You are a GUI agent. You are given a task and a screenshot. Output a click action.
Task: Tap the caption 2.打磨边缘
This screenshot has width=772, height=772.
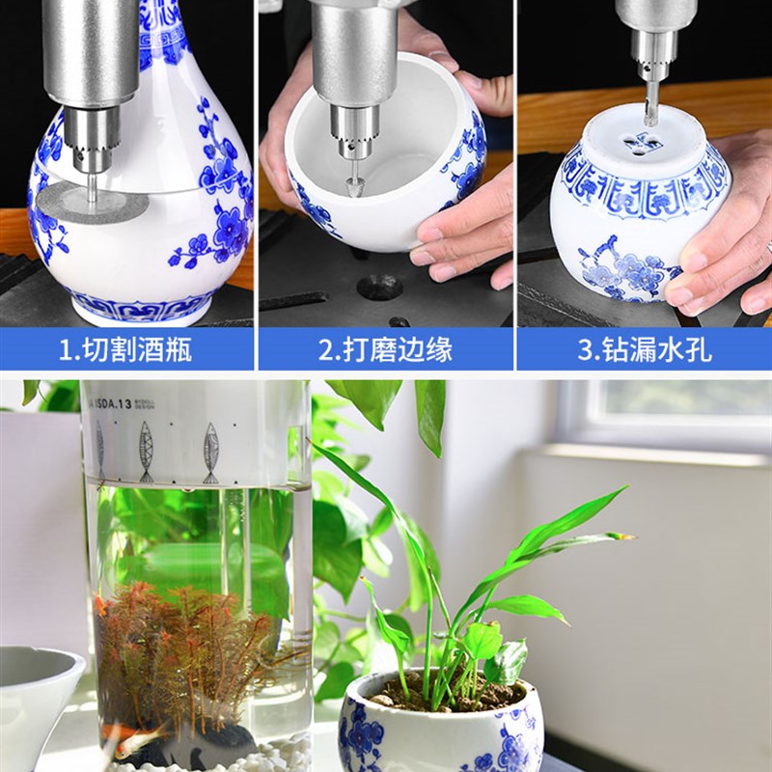(385, 349)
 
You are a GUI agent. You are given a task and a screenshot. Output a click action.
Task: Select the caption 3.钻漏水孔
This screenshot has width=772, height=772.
(644, 349)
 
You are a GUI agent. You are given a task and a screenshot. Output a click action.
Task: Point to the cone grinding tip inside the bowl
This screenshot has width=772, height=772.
(354, 179)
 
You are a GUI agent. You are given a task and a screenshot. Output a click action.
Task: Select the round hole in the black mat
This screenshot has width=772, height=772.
(378, 287)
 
